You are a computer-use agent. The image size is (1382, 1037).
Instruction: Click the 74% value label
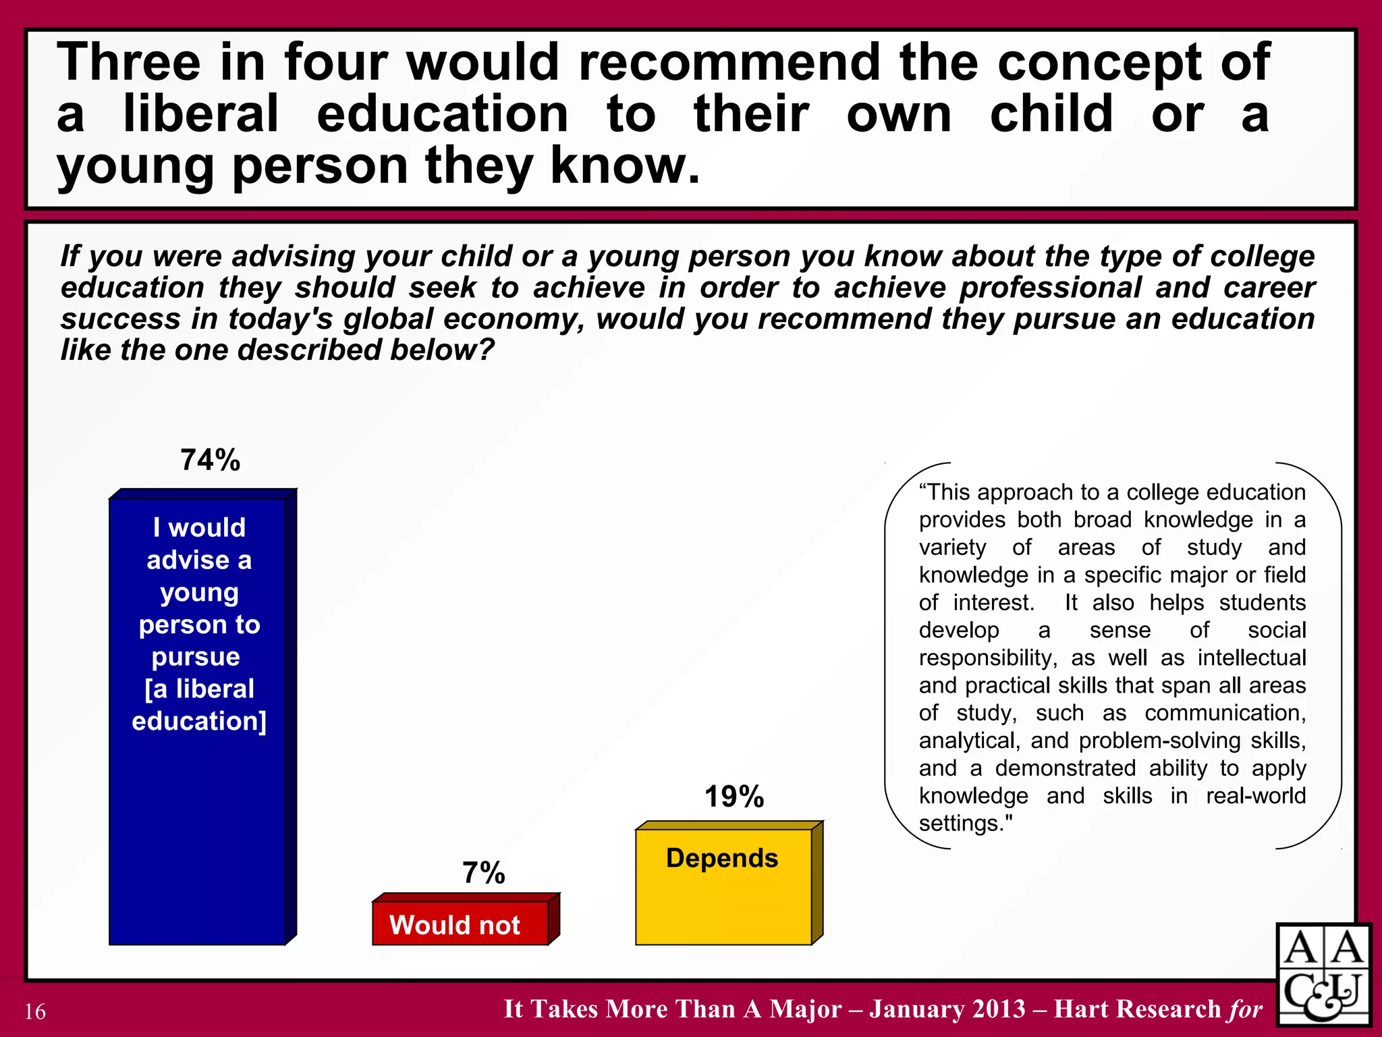point(210,460)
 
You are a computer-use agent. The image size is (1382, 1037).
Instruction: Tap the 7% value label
point(483,873)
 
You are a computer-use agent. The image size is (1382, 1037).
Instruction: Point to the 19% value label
point(734,797)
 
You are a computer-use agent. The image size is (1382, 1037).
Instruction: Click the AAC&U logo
point(1322,975)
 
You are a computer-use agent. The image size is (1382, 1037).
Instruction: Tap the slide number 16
point(35,1011)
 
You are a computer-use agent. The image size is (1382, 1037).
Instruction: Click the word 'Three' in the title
point(129,62)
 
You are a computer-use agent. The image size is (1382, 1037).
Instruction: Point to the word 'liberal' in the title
point(200,113)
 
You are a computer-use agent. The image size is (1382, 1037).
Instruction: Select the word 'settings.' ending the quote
point(966,824)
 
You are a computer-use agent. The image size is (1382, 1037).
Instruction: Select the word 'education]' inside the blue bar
point(199,721)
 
